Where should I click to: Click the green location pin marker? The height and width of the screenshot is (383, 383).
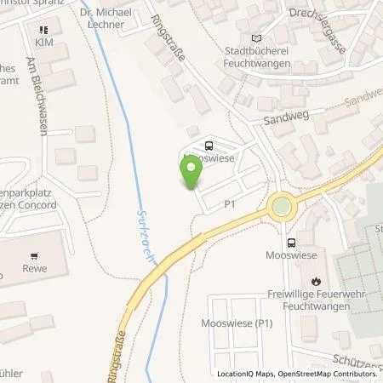191,174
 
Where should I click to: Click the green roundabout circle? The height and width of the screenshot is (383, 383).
280,207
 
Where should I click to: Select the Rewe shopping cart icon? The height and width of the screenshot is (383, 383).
34,255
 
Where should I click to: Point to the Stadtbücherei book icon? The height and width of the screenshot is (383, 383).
257,38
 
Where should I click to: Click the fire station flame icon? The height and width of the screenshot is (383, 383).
317,280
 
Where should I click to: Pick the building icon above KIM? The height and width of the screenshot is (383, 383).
41,29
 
